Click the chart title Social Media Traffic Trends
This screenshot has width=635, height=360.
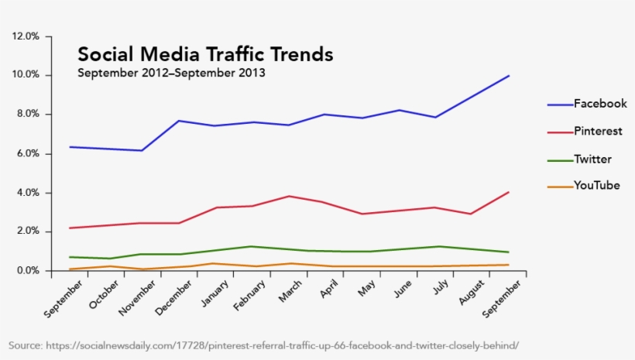pyautogui.click(x=205, y=55)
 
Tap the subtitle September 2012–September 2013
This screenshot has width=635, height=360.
pyautogui.click(x=171, y=74)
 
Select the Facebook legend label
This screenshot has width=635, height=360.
pyautogui.click(x=599, y=104)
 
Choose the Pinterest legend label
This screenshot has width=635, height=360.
pyautogui.click(x=597, y=132)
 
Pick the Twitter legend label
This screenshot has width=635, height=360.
pyautogui.click(x=592, y=159)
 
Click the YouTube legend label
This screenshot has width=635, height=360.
pyautogui.click(x=596, y=185)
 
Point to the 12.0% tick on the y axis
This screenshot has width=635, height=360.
pyautogui.click(x=26, y=36)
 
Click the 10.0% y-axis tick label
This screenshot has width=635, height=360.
pyautogui.click(x=26, y=75)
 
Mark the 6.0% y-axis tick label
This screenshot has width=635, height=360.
pyautogui.click(x=26, y=154)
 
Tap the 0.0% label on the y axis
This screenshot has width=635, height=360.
pyautogui.click(x=26, y=271)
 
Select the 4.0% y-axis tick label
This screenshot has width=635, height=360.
pyautogui.click(x=26, y=193)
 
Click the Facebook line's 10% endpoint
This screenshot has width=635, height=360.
pyautogui.click(x=508, y=76)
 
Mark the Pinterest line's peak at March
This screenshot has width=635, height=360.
pyautogui.click(x=289, y=196)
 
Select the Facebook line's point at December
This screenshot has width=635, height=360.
pyautogui.click(x=179, y=121)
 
